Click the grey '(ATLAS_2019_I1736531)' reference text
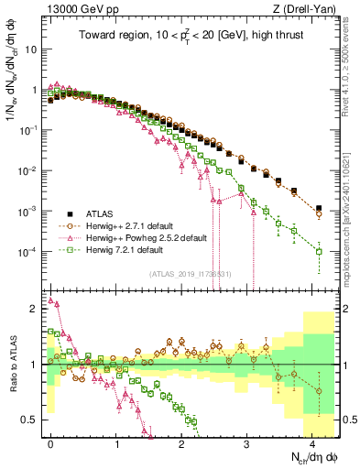(193, 274)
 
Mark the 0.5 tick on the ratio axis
(35, 420)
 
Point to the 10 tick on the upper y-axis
(31, 49)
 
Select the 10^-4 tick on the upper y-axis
(29, 251)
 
